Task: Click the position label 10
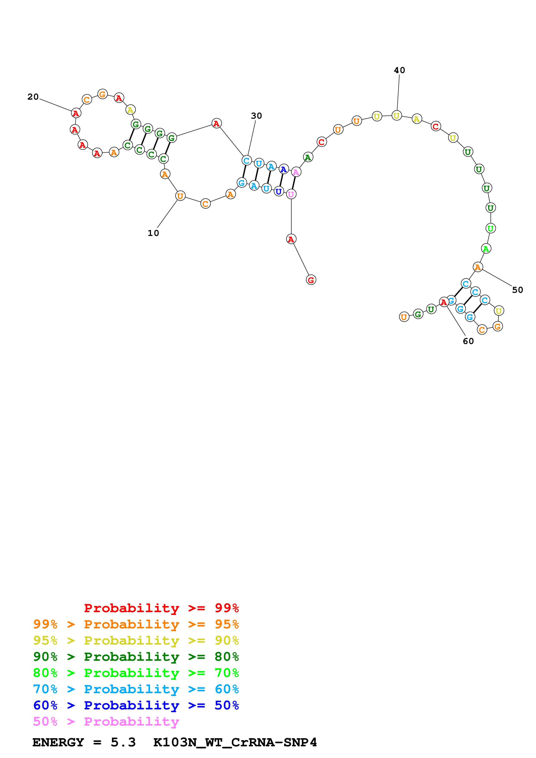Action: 153,233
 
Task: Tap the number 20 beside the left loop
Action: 33,97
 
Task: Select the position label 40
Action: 399,70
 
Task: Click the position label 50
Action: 517,290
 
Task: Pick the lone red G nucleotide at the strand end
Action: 311,280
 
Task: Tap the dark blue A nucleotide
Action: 283,169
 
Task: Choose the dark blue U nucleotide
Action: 279,191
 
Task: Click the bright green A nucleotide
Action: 485,248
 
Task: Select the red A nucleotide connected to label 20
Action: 76,113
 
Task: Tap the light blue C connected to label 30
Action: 246,161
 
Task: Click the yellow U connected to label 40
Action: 396,116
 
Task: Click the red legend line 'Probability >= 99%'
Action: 161,608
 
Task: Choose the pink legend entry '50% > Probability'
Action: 106,721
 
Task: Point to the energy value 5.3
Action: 123,742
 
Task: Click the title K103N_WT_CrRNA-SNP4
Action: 235,742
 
